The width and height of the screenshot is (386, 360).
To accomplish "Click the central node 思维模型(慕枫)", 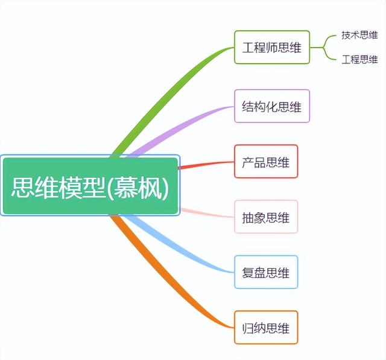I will point(90,186).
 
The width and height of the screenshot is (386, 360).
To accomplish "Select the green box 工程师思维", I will point(271,47).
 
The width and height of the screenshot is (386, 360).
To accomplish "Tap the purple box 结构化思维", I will point(271,106).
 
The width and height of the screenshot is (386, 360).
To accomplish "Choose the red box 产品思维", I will point(265,162).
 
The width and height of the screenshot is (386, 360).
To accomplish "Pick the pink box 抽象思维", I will point(265,217).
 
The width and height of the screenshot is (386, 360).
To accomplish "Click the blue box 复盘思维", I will point(265,273).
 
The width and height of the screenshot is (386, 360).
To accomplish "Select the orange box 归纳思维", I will point(265,328).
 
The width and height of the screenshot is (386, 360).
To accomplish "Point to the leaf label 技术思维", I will point(359,35).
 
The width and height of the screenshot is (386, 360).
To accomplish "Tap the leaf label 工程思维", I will point(359,59).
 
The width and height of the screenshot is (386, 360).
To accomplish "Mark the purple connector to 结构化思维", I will point(181,127).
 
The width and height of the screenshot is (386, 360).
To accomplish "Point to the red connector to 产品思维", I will point(205,165).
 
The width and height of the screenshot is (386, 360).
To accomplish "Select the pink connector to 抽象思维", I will point(205,213).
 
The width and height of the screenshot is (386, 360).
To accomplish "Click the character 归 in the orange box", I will point(248,329).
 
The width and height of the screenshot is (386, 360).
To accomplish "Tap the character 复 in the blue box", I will point(248,273).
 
